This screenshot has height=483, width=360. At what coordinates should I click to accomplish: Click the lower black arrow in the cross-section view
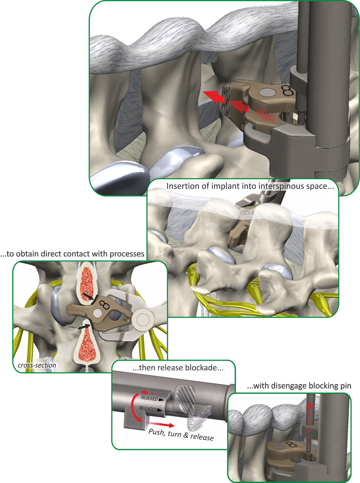85,325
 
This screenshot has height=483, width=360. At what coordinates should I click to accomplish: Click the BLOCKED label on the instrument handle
150,398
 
